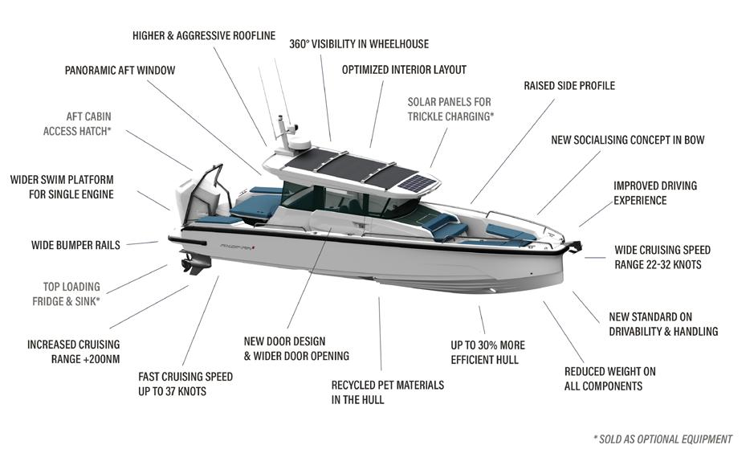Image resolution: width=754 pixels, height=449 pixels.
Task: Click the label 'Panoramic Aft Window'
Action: coord(120,70)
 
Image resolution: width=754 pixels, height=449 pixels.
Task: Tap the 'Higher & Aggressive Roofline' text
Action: coord(204,35)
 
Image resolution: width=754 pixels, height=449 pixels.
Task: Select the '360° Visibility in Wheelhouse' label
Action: coord(359,44)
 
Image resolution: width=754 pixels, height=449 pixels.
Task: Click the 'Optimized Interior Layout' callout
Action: coord(404,70)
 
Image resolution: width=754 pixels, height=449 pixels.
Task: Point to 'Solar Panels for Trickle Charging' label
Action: coord(450,109)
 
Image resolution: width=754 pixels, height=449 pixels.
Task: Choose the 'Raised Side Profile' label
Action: coord(569,85)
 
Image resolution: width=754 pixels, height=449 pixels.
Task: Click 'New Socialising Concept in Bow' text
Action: coord(627,140)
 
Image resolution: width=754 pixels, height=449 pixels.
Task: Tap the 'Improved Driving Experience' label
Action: coord(654,193)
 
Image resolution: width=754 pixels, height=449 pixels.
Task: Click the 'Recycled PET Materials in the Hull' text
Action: coord(387,392)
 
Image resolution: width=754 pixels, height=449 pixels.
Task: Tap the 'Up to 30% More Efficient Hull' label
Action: coord(487,353)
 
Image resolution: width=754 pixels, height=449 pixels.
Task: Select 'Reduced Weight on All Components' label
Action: coord(609,378)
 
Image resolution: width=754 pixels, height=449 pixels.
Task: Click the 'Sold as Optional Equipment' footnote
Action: coord(662,439)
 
